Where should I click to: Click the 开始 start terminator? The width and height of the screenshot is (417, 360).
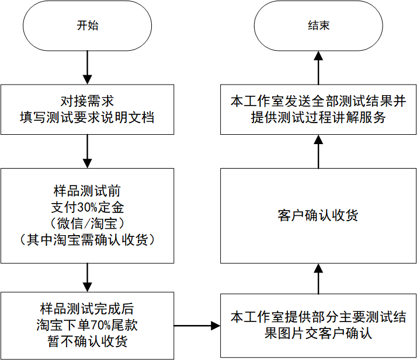87,26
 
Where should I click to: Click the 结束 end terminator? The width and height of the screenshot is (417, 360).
318,26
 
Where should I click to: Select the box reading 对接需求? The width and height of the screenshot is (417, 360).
87,109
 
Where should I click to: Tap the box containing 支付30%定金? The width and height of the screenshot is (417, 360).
87,215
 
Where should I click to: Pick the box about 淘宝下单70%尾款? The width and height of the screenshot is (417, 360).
87,325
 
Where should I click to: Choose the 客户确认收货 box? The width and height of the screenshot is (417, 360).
318,215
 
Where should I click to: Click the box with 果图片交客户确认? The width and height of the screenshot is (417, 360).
318,326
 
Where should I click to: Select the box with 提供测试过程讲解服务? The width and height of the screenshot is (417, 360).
318,109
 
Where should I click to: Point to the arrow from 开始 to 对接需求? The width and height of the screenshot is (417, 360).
87,68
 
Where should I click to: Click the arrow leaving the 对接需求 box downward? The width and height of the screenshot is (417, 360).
87,151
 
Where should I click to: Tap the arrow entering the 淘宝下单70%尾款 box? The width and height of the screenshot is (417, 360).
87,278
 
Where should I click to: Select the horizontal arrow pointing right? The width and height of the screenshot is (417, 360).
197,326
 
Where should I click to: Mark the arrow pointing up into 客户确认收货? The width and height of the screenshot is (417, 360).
318,279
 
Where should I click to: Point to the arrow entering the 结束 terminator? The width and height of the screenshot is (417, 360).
318,68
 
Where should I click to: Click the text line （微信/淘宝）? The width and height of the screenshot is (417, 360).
87,223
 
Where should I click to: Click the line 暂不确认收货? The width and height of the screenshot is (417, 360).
87,341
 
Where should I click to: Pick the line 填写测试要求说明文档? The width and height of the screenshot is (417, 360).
87,117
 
